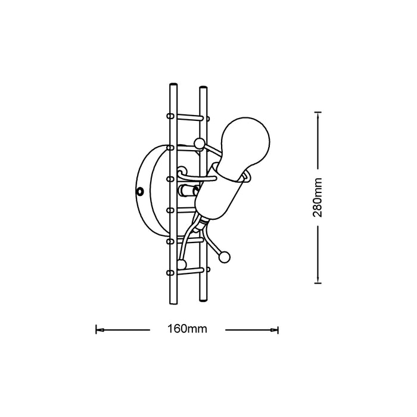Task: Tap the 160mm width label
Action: coord(187,329)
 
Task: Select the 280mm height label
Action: coord(318,197)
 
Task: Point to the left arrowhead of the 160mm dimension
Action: coord(99,330)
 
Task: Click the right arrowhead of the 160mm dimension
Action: coord(275,330)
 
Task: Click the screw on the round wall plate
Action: coord(139,191)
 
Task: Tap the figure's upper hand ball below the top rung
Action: coord(200,144)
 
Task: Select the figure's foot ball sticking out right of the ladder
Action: coord(225,257)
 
